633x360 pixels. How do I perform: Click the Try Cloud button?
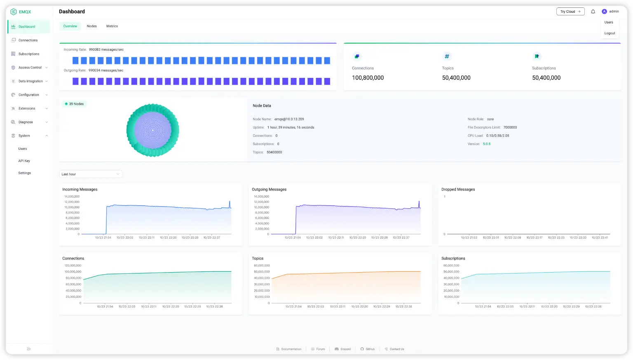point(570,12)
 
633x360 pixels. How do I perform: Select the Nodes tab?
point(91,26)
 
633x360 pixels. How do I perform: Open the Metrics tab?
point(112,26)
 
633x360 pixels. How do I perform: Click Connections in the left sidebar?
point(28,40)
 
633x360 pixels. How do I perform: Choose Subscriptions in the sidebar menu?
point(29,54)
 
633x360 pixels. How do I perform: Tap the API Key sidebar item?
point(24,161)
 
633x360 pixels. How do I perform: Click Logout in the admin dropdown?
point(610,33)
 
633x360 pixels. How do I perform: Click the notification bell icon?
point(593,12)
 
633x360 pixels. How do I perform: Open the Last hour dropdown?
point(91,174)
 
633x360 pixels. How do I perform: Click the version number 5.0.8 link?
point(487,144)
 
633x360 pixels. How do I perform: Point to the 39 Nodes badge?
point(75,104)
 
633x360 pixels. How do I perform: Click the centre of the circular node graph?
point(152,130)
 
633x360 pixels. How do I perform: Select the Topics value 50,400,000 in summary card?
point(456,78)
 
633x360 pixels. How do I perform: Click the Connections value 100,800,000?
point(368,78)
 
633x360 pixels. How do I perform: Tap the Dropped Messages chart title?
point(458,190)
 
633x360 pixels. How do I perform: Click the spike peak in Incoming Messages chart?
point(230,202)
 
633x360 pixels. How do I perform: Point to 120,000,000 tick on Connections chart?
point(73,266)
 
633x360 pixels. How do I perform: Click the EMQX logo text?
point(25,12)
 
